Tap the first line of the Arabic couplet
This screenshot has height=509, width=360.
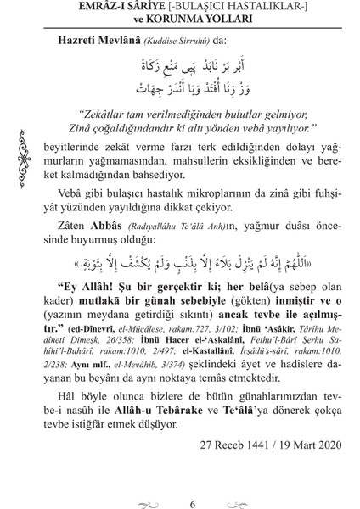click(192, 66)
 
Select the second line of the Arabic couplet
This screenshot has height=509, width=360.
click(192, 89)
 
